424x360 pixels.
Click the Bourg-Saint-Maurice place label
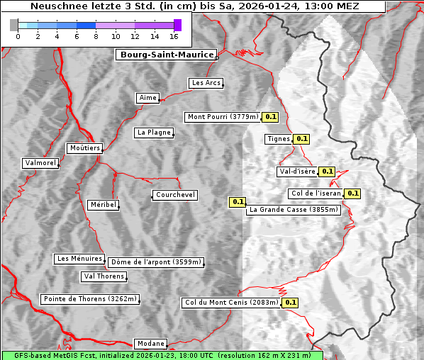166,55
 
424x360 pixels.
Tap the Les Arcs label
206,83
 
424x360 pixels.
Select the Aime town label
148,98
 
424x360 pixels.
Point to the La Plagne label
154,133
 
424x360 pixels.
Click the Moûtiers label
84,148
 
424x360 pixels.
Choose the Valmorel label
40,163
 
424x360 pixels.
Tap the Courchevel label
174,195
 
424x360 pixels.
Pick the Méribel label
103,205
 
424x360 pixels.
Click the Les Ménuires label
79,259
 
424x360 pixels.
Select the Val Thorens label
104,276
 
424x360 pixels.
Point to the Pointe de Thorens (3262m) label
89,299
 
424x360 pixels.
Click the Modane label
150,343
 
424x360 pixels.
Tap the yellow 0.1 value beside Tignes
302,139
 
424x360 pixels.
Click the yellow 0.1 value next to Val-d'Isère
327,171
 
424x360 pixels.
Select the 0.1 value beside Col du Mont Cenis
290,303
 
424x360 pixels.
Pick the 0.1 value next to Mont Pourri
270,117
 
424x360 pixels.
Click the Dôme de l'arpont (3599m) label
156,262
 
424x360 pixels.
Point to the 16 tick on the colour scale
174,36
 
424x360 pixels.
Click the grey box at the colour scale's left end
14,25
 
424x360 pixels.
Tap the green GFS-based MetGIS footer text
162,355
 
